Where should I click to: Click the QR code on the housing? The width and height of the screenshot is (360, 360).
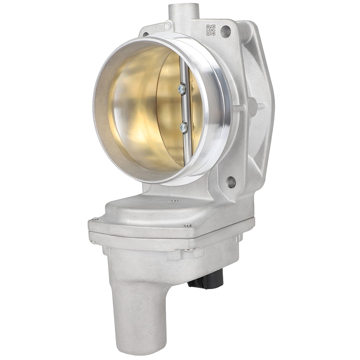[211, 30]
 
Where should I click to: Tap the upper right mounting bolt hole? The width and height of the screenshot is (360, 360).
[226, 31]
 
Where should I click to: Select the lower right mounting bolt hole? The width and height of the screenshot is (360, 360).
[231, 182]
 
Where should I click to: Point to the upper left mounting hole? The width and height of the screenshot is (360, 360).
[146, 34]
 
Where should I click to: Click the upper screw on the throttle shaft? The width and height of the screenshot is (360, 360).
[182, 89]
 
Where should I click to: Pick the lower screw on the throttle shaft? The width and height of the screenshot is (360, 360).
[184, 127]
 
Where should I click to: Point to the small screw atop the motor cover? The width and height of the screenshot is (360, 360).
[173, 201]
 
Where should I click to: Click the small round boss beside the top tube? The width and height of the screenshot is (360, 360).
[168, 25]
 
